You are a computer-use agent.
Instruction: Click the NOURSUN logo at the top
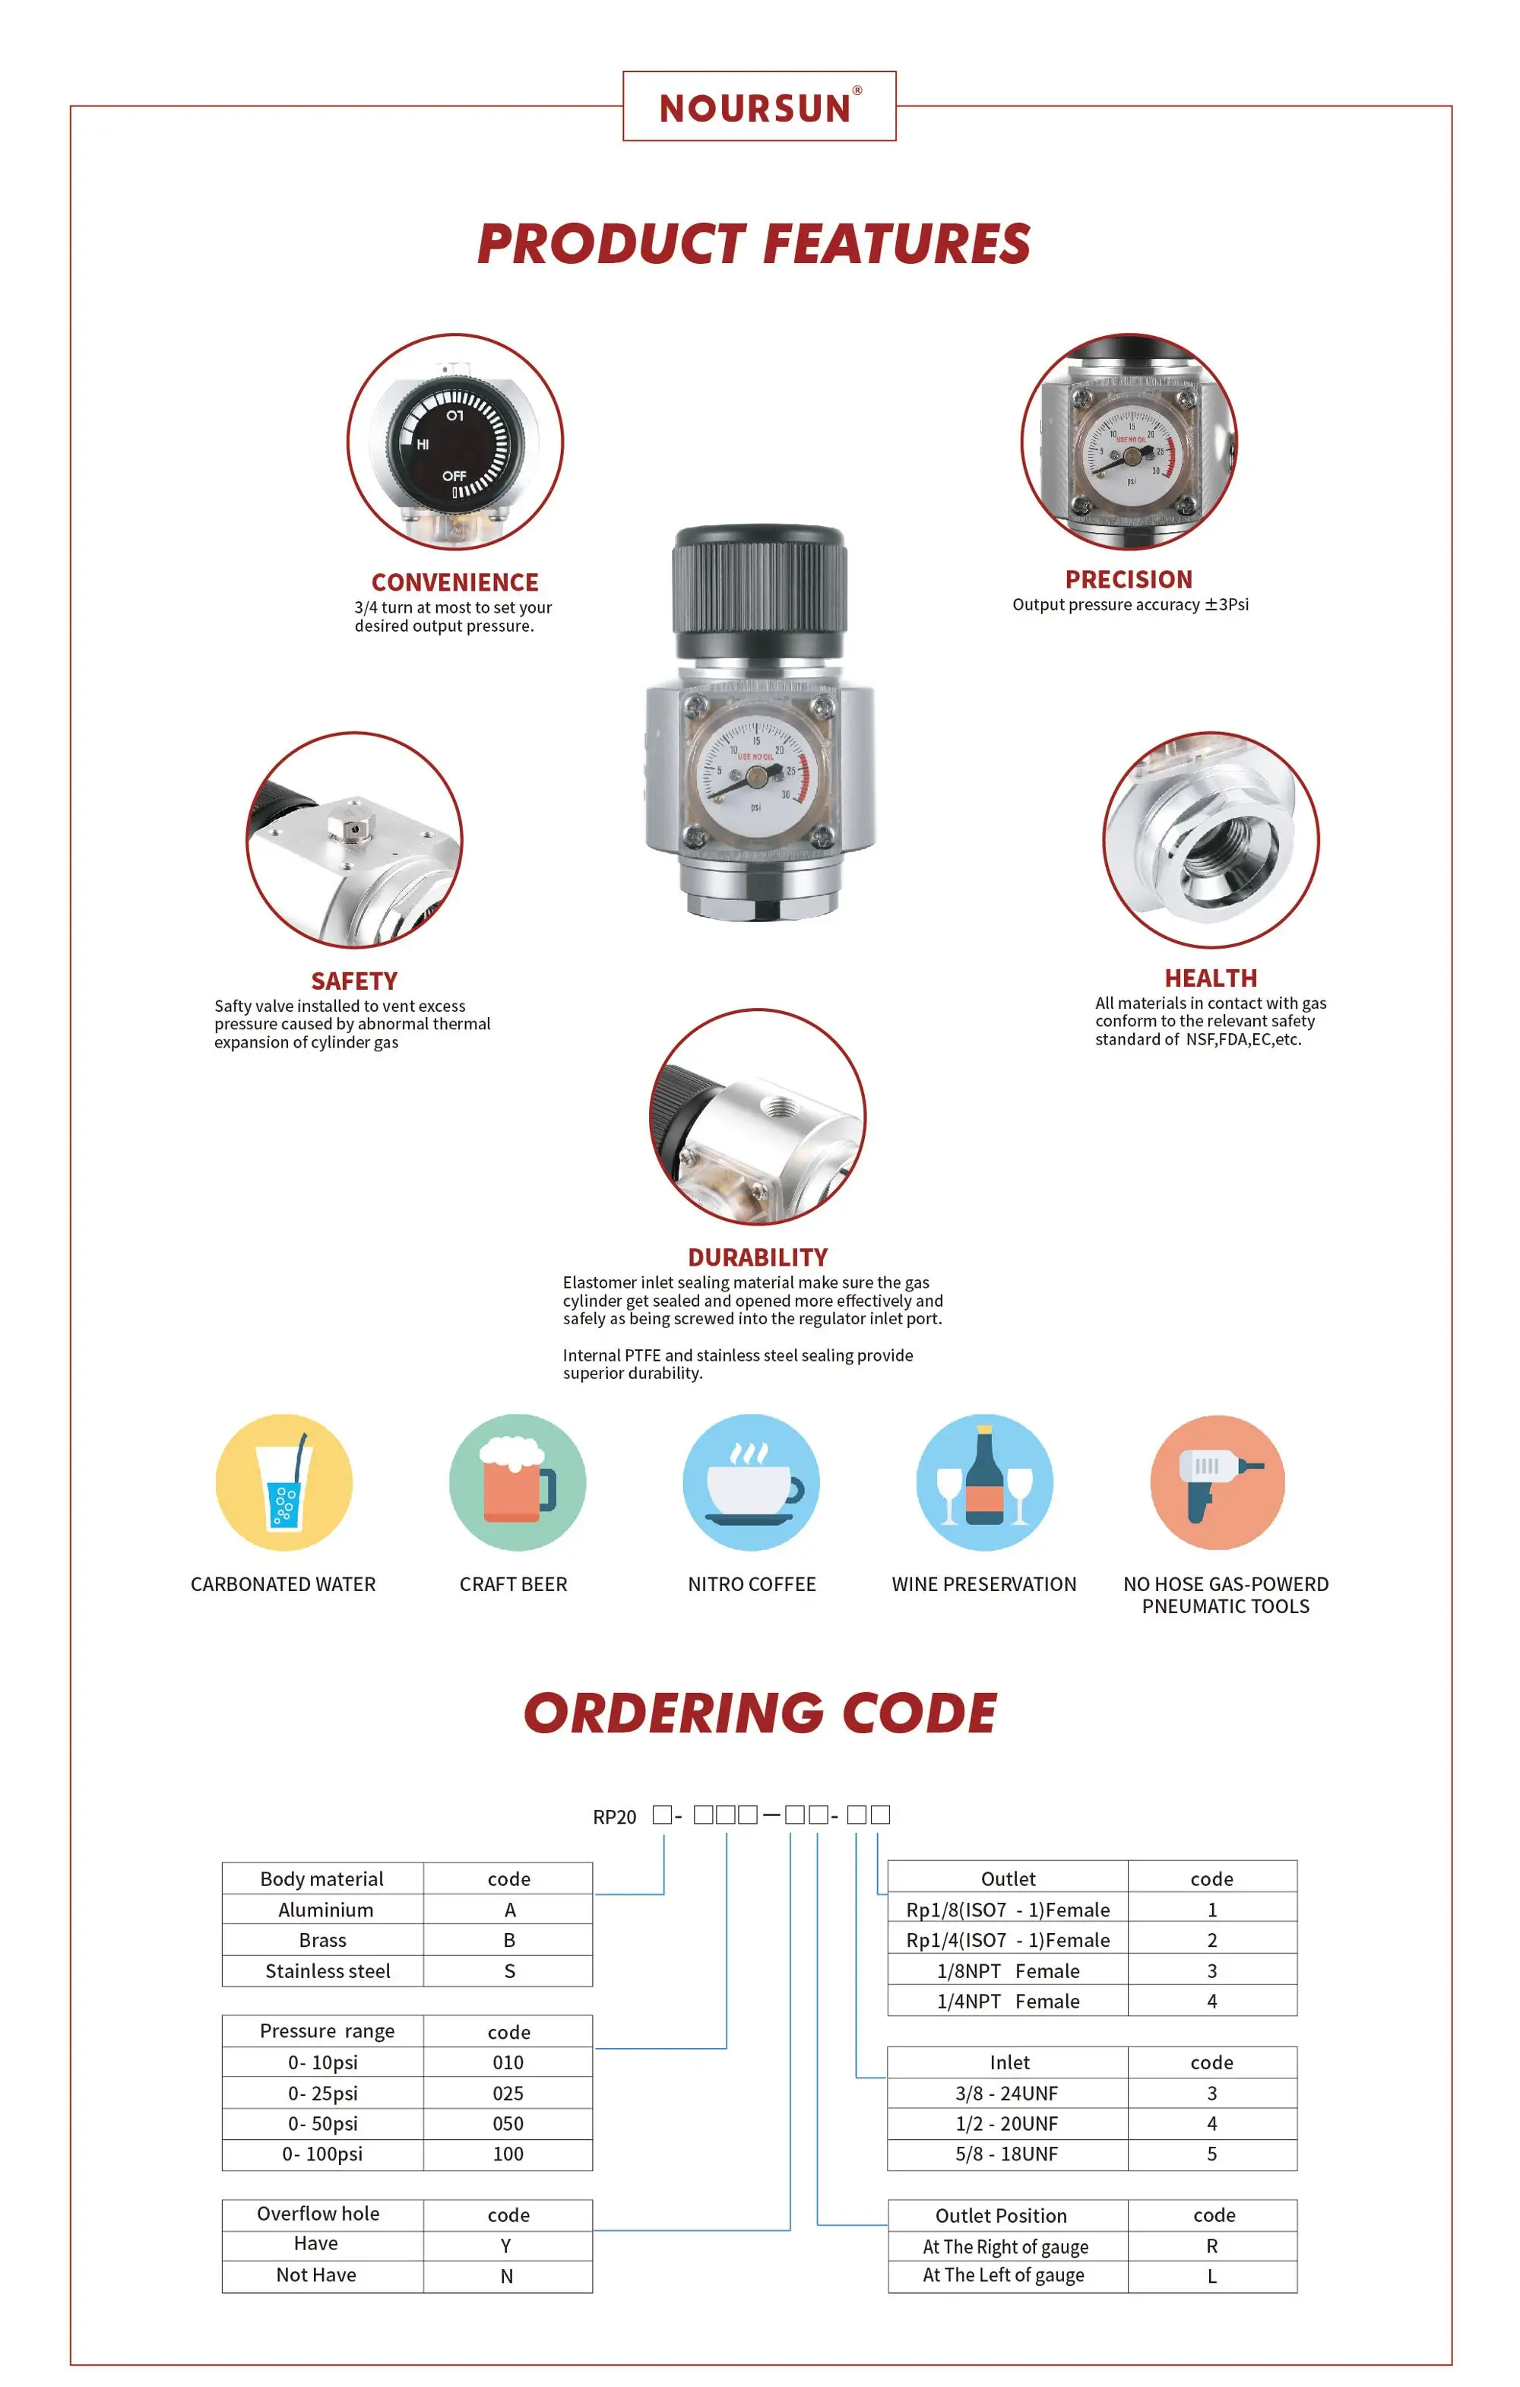(x=759, y=107)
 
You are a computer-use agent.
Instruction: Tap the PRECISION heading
(x=1129, y=579)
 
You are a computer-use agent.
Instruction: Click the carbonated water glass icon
(x=284, y=1483)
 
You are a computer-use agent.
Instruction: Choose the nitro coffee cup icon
(x=751, y=1483)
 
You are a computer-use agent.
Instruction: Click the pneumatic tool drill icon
(x=1217, y=1483)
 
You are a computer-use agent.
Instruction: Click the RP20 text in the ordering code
(x=614, y=1817)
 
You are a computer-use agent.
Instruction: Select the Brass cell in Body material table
(x=323, y=1940)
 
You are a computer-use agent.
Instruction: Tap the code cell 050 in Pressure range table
(x=508, y=2123)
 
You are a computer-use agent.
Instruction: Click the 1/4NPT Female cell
(x=1008, y=2002)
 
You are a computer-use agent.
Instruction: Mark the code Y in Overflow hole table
(x=506, y=2246)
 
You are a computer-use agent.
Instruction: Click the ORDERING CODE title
(x=760, y=1714)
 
